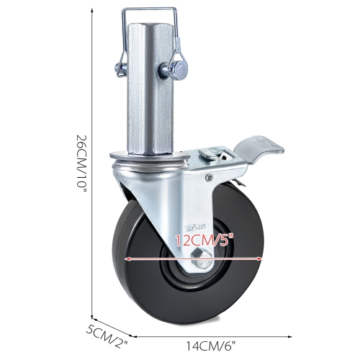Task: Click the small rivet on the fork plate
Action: [x=209, y=175]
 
